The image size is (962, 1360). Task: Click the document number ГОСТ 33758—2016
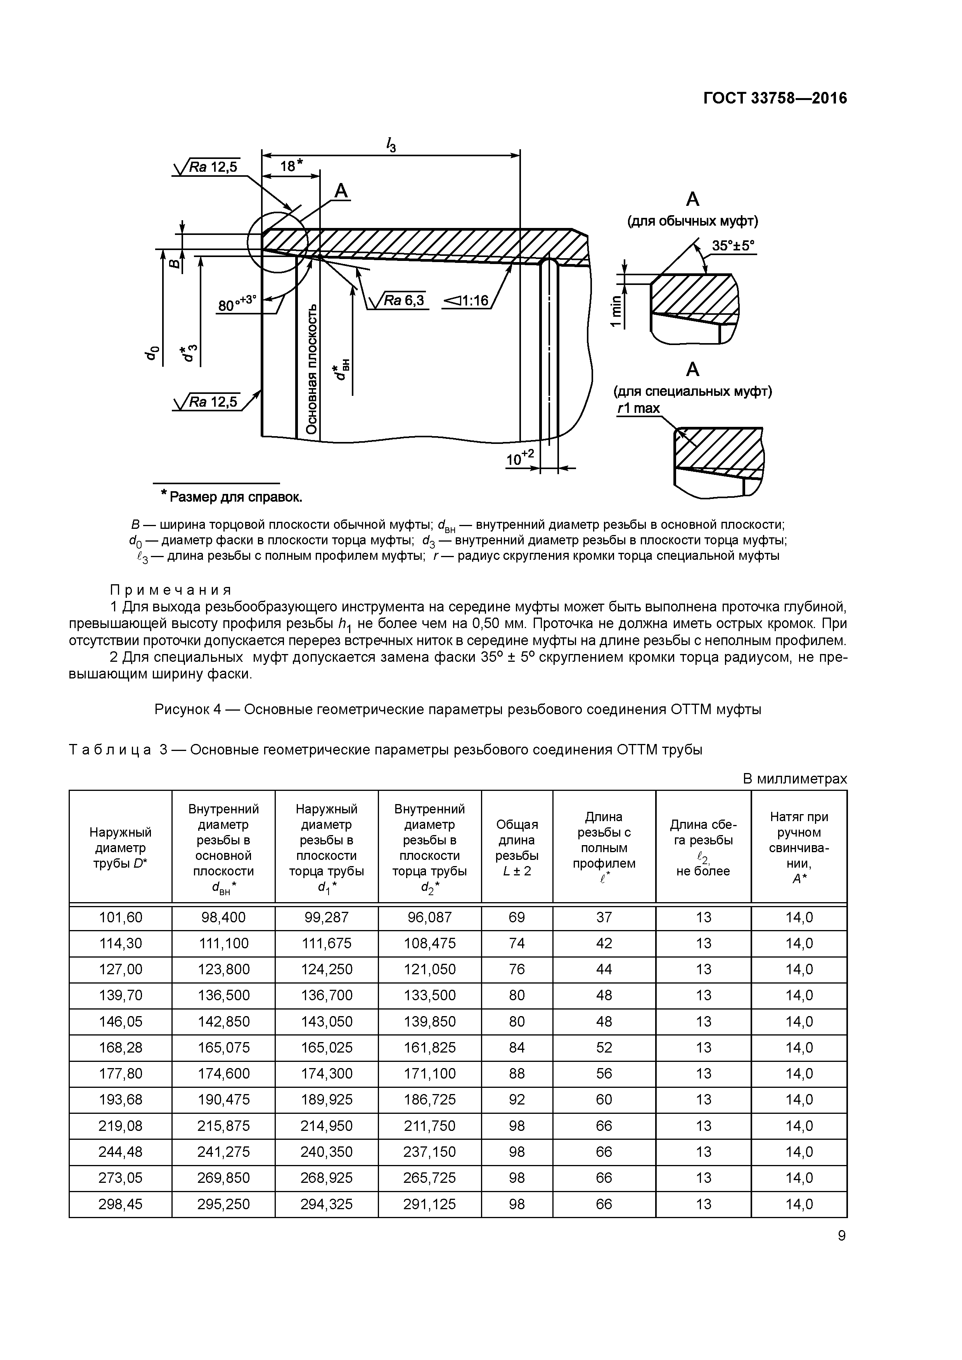click(x=775, y=98)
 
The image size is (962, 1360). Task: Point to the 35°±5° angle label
click(x=733, y=246)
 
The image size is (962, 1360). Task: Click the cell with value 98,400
click(x=223, y=918)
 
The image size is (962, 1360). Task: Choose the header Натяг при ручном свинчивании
click(x=799, y=847)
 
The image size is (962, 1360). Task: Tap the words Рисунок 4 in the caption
click(x=187, y=709)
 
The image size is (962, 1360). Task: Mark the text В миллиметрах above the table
click(x=794, y=779)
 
